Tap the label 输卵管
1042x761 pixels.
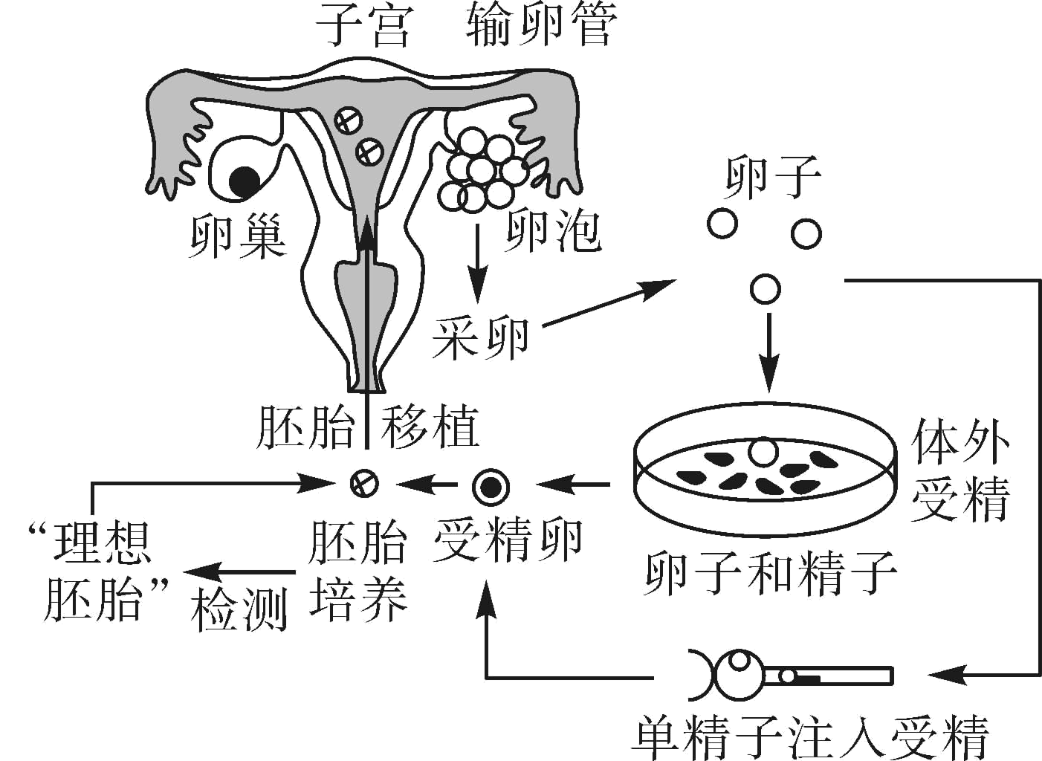542,26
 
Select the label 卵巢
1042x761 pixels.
237,237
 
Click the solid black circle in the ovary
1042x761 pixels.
245,181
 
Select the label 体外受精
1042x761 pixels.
960,470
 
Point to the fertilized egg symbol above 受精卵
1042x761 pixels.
491,486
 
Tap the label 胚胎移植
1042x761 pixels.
367,428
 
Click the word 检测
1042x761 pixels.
239,612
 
